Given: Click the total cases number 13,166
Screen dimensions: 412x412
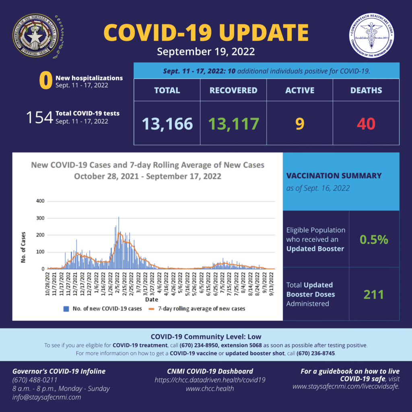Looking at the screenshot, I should point(167,124).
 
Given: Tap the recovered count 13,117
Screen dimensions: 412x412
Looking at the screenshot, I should point(233,124).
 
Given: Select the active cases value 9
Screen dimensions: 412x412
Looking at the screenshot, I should point(299,124).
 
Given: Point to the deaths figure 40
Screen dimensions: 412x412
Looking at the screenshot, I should point(366,124).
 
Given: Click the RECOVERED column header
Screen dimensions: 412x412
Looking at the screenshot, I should point(233,90).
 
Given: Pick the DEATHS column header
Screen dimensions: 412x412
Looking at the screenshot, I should point(366,90).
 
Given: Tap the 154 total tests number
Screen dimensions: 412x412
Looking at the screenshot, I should point(39,117).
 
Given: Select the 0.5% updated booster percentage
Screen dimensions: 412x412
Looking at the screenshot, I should point(374,240).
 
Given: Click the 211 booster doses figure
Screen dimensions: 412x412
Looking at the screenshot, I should point(374,295).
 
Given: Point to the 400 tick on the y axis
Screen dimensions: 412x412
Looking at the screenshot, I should point(40,201).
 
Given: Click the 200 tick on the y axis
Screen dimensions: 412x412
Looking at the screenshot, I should point(40,235).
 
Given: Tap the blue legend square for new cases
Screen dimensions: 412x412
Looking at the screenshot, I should point(66,309).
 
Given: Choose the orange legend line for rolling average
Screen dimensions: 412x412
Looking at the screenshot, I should point(152,309).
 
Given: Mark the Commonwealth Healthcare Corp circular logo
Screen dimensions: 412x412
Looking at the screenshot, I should point(372,35).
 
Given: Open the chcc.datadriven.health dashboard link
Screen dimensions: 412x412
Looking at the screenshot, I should point(210,380).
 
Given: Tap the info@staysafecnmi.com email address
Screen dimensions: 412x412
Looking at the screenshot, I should point(47,397).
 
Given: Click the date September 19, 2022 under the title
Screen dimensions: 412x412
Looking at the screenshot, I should point(206,52).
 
